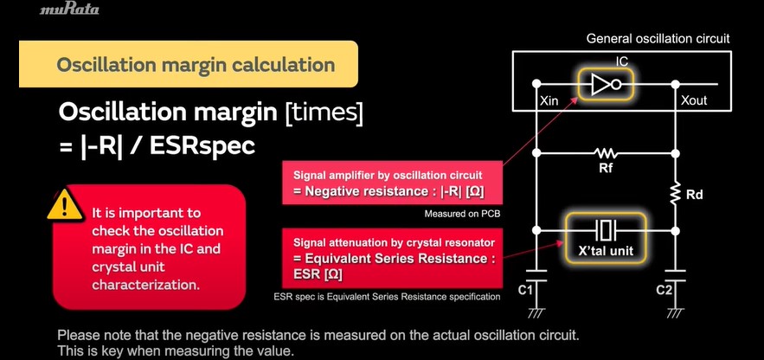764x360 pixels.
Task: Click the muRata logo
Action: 68,10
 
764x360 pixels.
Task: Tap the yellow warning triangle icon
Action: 65,205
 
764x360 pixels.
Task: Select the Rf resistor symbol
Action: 606,154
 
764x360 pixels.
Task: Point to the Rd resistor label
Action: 694,195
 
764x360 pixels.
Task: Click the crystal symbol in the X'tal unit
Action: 606,229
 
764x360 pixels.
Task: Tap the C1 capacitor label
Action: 527,292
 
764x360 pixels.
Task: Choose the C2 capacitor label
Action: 664,291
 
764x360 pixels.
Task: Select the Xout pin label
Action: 693,100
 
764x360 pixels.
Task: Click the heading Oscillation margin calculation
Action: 196,64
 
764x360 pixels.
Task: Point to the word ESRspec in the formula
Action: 202,145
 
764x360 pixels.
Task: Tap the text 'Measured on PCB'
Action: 463,214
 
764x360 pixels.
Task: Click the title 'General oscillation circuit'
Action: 658,38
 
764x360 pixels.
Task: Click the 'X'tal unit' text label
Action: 606,250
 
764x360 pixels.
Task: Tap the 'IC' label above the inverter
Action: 622,61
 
